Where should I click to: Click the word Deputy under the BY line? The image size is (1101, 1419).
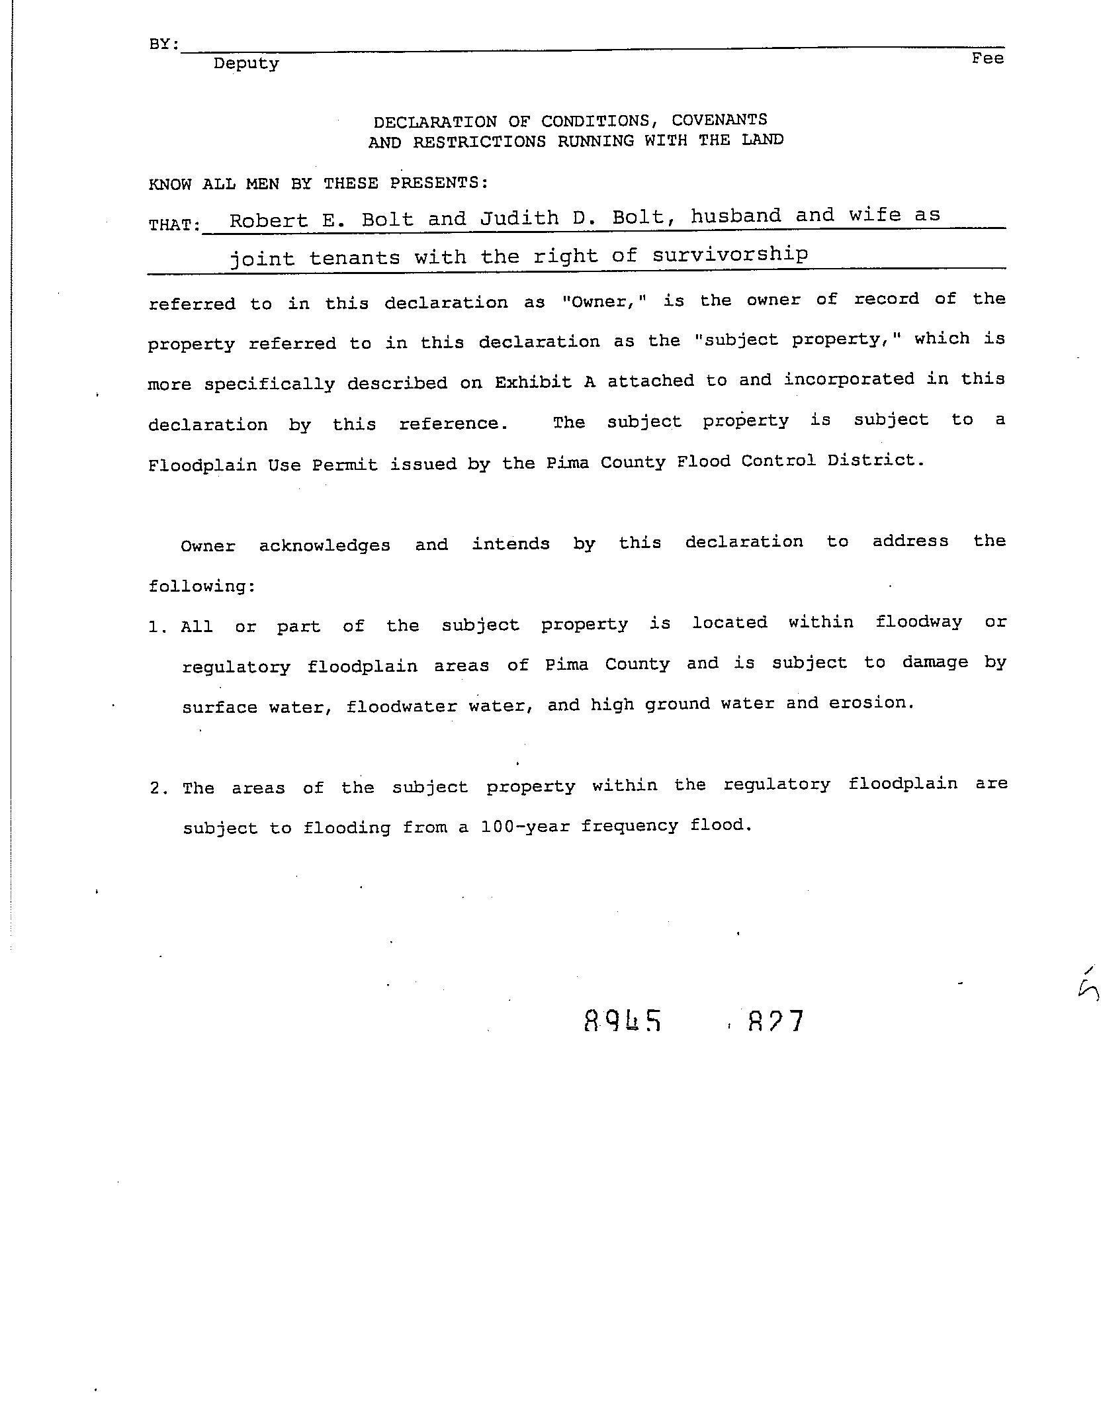click(246, 64)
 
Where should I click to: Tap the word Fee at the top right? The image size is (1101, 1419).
click(987, 59)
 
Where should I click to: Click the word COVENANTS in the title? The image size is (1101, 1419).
click(719, 120)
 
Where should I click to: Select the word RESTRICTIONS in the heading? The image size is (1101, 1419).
click(480, 142)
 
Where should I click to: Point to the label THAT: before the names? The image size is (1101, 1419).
click(174, 225)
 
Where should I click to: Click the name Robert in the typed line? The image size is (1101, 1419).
click(269, 220)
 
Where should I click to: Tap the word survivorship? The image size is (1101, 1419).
click(730, 255)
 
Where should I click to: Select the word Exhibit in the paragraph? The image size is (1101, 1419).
click(533, 383)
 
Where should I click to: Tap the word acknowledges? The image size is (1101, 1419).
click(324, 545)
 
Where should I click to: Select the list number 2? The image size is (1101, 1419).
click(157, 788)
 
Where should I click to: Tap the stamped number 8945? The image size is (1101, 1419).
click(623, 1021)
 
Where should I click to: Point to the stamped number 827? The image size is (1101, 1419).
click(775, 1021)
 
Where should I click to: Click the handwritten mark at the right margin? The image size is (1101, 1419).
click(1088, 986)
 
